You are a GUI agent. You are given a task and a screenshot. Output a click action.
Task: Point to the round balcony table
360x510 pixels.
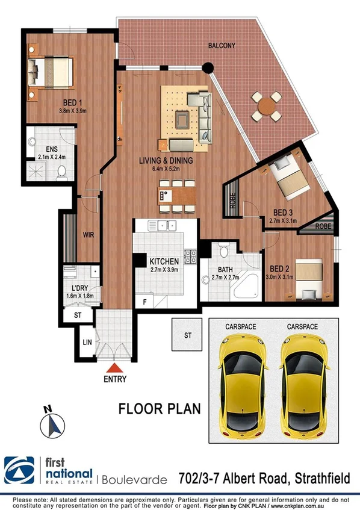[x=266, y=105]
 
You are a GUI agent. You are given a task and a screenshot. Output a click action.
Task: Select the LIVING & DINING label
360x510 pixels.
[x=166, y=161]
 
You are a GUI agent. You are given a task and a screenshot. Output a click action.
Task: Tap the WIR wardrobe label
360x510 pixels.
[x=88, y=237]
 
